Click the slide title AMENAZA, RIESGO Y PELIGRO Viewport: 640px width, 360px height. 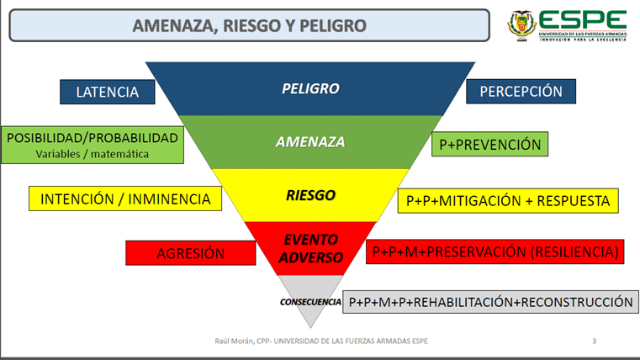click(250, 25)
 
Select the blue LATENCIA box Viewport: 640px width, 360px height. click(107, 92)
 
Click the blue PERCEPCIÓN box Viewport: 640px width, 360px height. click(521, 92)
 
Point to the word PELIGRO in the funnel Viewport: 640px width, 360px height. click(310, 88)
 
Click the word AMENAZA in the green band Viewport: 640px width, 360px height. click(310, 142)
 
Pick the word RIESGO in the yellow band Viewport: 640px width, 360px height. click(310, 195)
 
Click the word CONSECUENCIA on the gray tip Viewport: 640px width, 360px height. click(310, 301)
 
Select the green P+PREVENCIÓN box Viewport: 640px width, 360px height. click(489, 144)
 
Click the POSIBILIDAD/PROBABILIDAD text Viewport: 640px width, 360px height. click(93, 137)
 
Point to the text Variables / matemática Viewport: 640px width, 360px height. click(93, 154)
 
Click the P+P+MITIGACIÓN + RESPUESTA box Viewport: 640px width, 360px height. click(508, 201)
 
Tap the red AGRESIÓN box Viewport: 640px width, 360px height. click(190, 252)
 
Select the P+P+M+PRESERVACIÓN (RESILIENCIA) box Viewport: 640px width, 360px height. click(495, 251)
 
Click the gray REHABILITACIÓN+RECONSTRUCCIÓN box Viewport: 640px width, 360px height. click(490, 301)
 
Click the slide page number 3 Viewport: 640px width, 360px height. click(595, 341)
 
